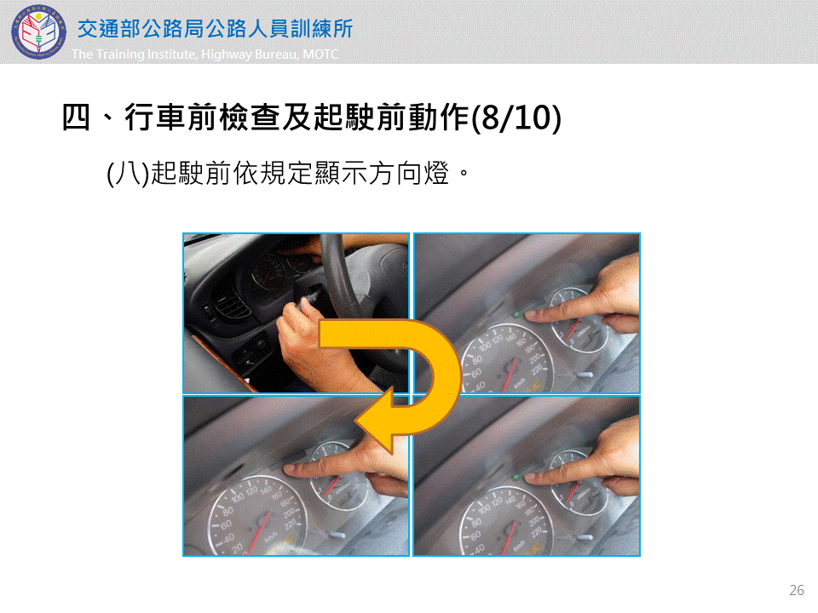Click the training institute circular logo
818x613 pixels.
click(x=38, y=32)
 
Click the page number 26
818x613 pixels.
click(x=797, y=590)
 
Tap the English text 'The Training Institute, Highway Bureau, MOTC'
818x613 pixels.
click(x=205, y=54)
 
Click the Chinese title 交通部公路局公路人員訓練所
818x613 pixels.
click(x=216, y=29)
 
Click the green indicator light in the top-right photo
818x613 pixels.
click(x=516, y=314)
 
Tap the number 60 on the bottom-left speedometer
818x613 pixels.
click(x=226, y=525)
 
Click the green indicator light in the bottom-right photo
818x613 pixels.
click(x=516, y=477)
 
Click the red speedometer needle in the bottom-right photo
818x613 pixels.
click(x=510, y=536)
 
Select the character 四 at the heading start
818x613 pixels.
click(x=76, y=117)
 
